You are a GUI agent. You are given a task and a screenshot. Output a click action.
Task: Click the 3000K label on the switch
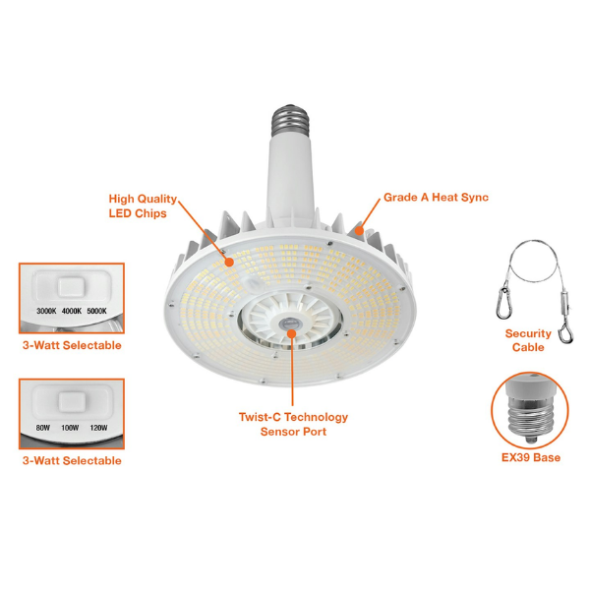pyautogui.click(x=46, y=311)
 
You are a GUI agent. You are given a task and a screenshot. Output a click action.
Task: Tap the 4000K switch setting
pyautogui.click(x=72, y=311)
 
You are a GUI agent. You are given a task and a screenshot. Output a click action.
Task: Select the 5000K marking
pyautogui.click(x=96, y=311)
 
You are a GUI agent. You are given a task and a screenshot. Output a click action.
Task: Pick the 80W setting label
pyautogui.click(x=43, y=428)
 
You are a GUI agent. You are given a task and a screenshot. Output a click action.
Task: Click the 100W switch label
pyautogui.click(x=70, y=428)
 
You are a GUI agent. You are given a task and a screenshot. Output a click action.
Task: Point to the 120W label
pyautogui.click(x=98, y=428)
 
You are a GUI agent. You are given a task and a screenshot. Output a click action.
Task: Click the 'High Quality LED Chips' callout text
pyautogui.click(x=143, y=206)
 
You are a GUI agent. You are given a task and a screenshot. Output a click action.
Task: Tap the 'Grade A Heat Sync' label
pyautogui.click(x=436, y=198)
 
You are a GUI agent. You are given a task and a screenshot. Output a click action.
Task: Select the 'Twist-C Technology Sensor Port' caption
pyautogui.click(x=293, y=424)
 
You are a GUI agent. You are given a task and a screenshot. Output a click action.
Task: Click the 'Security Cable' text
pyautogui.click(x=528, y=340)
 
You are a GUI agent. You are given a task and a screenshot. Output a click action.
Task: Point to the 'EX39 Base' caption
pyautogui.click(x=531, y=457)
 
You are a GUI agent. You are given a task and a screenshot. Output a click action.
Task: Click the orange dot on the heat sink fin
pyautogui.click(x=360, y=230)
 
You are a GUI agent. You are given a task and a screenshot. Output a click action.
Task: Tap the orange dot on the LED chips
pyautogui.click(x=229, y=262)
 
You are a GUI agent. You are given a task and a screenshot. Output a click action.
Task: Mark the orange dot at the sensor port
pyautogui.click(x=292, y=333)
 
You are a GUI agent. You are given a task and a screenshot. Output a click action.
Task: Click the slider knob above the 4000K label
pyautogui.click(x=72, y=288)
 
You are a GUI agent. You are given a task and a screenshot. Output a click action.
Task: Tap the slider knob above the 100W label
pyautogui.click(x=72, y=402)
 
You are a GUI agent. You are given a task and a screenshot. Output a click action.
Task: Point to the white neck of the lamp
pyautogui.click(x=290, y=177)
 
